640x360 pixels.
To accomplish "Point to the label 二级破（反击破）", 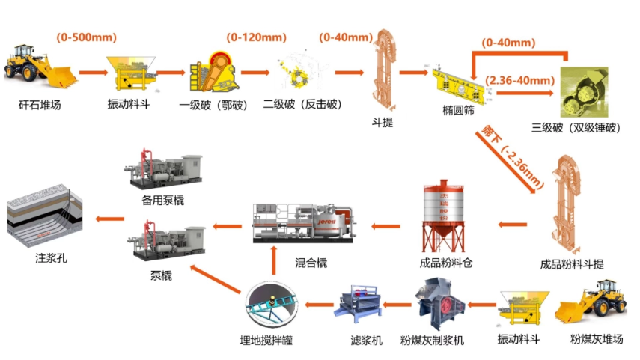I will [x=301, y=105].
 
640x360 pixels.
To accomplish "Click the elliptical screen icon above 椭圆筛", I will [x=452, y=78].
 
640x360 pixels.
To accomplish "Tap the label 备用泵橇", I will [x=162, y=201].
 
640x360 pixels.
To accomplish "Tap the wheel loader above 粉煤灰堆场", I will [x=596, y=303].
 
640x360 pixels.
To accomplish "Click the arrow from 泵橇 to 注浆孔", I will [x=109, y=219].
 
